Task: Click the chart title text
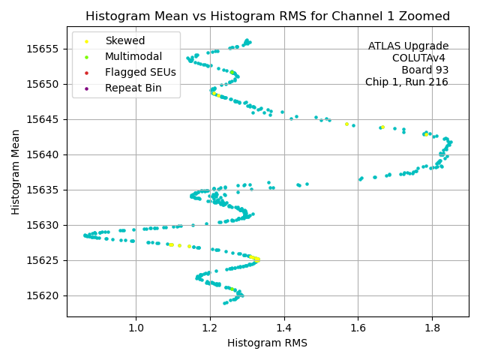point(268,16)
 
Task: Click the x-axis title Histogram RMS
point(267,343)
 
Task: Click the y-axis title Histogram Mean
point(16,172)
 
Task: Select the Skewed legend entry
point(124,40)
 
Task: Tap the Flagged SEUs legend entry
point(140,72)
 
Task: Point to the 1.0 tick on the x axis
point(136,327)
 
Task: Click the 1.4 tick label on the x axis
point(284,327)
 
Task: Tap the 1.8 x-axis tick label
point(432,327)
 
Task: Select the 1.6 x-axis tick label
point(358,327)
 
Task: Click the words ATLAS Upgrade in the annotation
point(408,46)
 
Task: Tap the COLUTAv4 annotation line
point(420,58)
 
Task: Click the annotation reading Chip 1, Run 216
point(406,82)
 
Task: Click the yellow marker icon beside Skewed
point(86,40)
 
